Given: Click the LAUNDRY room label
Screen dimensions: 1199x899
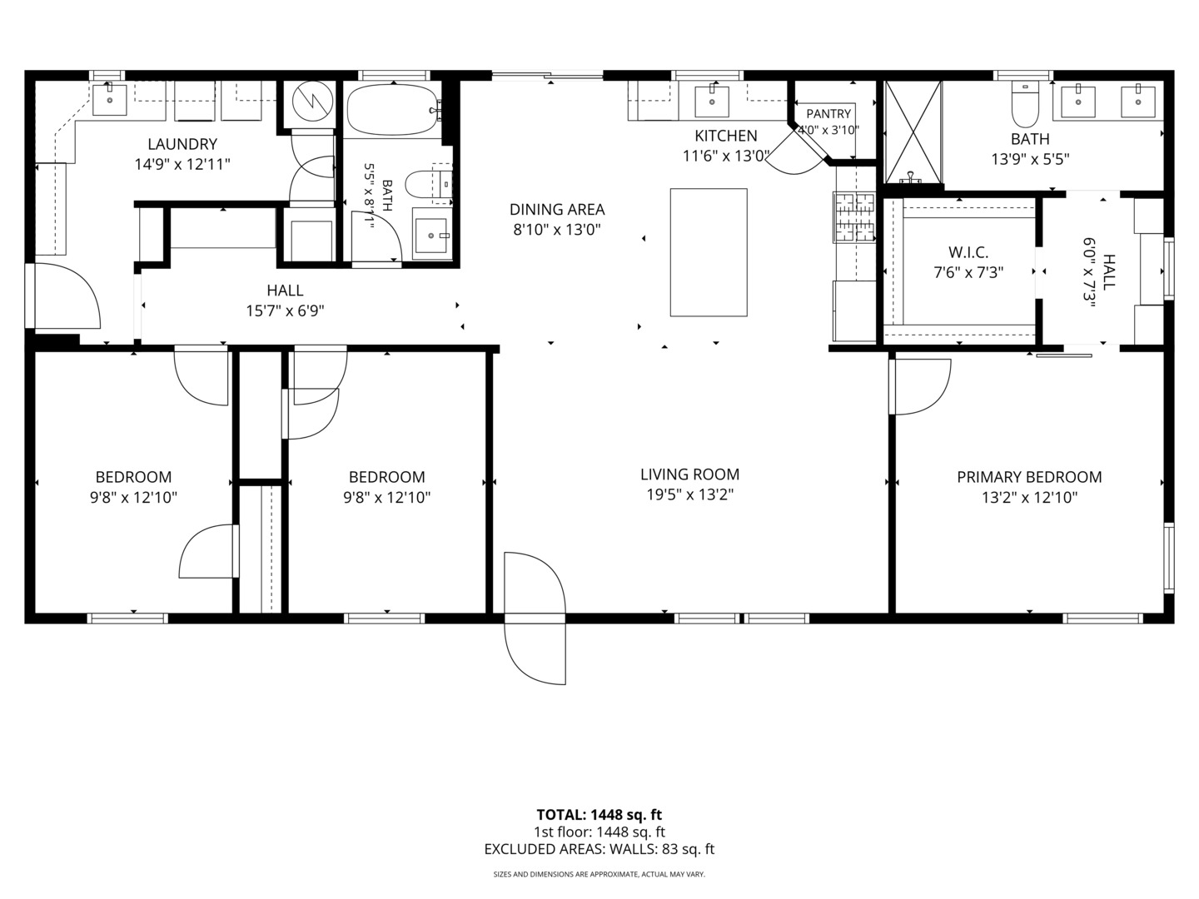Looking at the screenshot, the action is click(x=182, y=144).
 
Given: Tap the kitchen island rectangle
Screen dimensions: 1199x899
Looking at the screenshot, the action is click(x=709, y=252).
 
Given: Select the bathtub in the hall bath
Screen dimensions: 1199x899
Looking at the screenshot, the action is click(x=393, y=110).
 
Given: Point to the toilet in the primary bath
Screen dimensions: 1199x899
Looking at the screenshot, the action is click(x=1025, y=104).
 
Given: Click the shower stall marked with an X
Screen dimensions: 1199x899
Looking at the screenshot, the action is click(x=913, y=132).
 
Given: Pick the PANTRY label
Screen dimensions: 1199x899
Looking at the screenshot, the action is click(x=828, y=113).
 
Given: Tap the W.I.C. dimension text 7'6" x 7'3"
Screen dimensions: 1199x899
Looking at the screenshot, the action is click(x=968, y=272).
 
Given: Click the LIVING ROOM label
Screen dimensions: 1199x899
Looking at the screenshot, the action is click(x=690, y=474).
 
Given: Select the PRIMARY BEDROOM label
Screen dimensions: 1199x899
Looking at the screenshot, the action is click(x=1029, y=477).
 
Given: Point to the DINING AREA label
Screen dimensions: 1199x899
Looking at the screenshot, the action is click(x=557, y=210).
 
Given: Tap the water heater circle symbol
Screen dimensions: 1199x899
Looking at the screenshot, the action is click(x=312, y=101).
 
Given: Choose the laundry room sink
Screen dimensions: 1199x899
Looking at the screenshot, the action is click(x=110, y=100).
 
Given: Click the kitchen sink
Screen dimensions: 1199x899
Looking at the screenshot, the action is click(x=712, y=101).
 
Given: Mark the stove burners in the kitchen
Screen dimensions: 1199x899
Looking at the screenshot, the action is click(x=853, y=216).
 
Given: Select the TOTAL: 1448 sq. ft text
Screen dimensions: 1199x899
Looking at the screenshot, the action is click(x=599, y=815).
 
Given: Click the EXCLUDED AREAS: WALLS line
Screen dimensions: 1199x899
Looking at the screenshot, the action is click(x=599, y=849).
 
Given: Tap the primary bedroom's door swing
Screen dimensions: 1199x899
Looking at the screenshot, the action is click(x=920, y=386).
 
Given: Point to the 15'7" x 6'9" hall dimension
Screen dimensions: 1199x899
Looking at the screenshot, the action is click(x=285, y=311).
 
